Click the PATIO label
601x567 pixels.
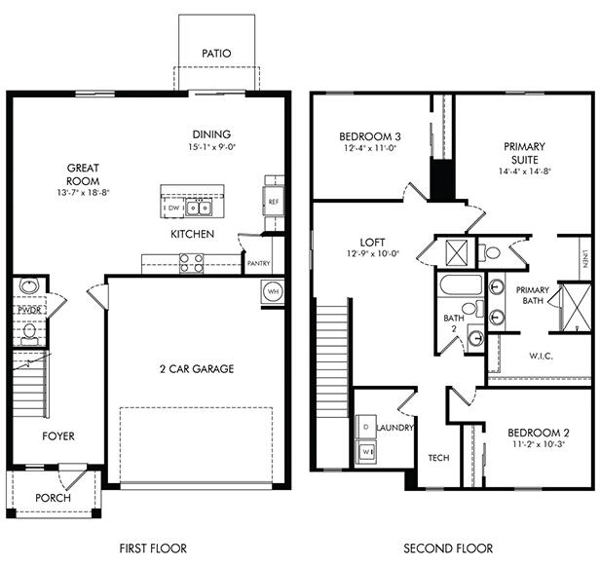coord(215,54)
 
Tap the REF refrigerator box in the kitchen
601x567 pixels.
coord(274,202)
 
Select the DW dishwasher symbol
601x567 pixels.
coord(172,208)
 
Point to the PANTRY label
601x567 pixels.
coord(259,263)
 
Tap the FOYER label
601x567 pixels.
coord(57,435)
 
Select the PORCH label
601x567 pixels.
coord(53,498)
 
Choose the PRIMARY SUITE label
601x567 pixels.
coord(524,154)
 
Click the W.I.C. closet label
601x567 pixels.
coord(541,356)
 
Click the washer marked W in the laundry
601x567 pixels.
coord(366,452)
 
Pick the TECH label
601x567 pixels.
coord(438,457)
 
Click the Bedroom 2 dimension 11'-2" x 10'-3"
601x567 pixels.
coord(537,443)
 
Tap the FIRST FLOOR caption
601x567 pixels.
coord(153,548)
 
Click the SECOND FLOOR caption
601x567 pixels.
coord(448,548)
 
